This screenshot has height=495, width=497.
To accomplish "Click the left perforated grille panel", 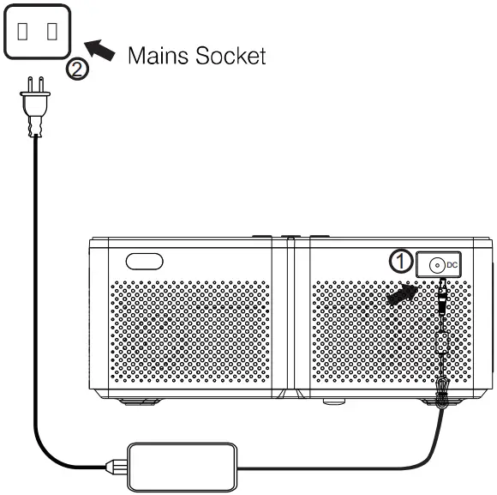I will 189,335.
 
